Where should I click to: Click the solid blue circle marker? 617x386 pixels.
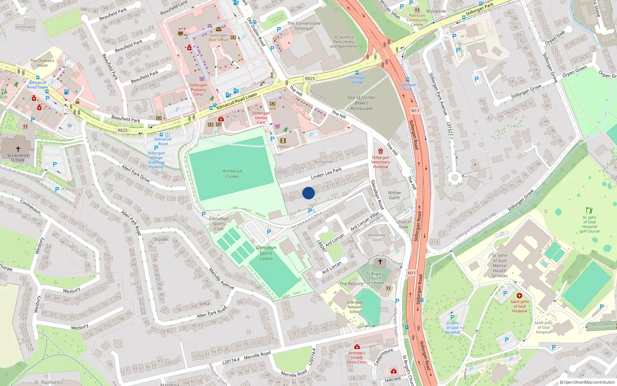tap(308, 193)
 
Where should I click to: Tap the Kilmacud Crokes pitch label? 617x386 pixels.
tap(233, 174)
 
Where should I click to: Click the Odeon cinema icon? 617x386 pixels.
tap(283, 141)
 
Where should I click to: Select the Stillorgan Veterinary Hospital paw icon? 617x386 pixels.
tap(381, 151)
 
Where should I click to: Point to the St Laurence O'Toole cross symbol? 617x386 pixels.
tap(18, 149)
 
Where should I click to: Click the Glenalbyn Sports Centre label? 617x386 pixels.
tap(266, 253)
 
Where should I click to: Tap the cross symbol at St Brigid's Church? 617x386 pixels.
tap(380, 262)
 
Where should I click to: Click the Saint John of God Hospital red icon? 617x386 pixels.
tap(519, 296)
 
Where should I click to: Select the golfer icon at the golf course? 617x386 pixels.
tap(589, 210)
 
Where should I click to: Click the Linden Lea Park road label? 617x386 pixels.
tap(326, 173)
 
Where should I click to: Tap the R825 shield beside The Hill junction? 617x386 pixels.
tap(310, 78)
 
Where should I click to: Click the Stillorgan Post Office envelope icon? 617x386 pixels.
tap(219, 29)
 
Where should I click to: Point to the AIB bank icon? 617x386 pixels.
tap(273, 103)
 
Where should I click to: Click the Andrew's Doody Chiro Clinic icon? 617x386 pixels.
tap(357, 347)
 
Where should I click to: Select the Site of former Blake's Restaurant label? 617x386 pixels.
tap(361, 103)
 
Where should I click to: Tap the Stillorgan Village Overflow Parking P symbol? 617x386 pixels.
tap(156, 147)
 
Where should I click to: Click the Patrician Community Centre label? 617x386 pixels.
tap(417, 20)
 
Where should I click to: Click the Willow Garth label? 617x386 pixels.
tap(394, 195)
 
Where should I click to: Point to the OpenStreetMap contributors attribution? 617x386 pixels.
tap(587, 382)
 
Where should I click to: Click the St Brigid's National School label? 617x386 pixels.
tap(355, 307)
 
